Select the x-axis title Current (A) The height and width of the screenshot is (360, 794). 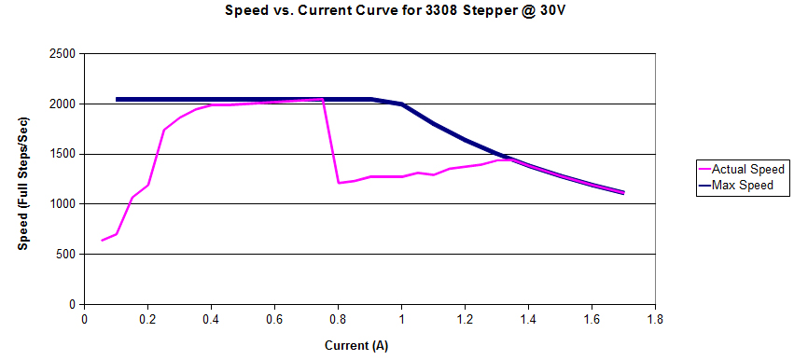tap(356, 346)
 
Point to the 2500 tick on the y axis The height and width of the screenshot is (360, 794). tap(63, 54)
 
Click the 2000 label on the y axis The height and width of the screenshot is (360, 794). tap(63, 104)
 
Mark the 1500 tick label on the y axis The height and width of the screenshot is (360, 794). tap(63, 154)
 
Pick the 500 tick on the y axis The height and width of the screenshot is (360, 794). tap(67, 255)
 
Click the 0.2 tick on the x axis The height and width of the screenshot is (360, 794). tap(147, 319)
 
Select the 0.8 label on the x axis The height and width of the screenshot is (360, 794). tap(338, 319)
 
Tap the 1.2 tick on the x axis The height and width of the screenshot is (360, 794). tap(465, 319)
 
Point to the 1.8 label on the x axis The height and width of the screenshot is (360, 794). tap(655, 319)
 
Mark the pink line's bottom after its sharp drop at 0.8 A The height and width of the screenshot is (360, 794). tap(339, 183)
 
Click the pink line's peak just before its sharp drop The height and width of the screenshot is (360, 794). tap(322, 99)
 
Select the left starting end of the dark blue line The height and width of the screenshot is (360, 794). tap(117, 99)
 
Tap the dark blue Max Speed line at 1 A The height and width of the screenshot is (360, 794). tap(401, 104)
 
